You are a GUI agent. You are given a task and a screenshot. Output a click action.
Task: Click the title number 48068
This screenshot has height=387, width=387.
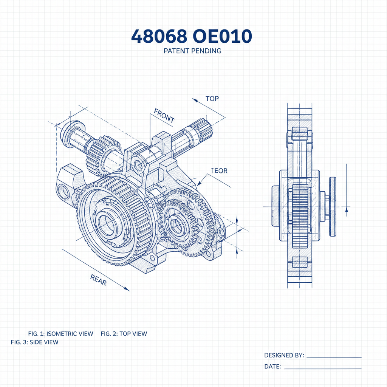tap(159, 37)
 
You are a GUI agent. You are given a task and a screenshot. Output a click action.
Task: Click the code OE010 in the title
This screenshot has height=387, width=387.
tap(222, 37)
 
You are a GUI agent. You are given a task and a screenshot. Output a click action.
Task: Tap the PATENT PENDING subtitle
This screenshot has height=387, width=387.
tap(192, 51)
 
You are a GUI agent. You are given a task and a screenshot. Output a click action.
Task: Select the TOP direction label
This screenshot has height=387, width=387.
tap(212, 99)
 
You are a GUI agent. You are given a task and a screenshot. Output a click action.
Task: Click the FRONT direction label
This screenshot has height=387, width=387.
tap(164, 115)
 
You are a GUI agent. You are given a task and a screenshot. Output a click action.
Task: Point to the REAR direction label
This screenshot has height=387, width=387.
tap(98, 280)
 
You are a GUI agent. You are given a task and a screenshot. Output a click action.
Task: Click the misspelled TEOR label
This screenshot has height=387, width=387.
tap(220, 171)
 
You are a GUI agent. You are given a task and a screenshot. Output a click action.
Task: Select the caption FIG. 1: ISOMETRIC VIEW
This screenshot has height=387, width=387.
tap(60, 334)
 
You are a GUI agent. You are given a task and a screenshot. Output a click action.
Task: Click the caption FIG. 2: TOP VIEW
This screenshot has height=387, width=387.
tap(124, 334)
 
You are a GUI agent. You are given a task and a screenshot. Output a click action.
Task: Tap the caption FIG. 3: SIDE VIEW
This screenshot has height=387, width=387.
tap(34, 342)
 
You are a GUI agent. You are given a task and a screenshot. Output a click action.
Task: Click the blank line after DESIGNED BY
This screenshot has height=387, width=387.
tap(333, 357)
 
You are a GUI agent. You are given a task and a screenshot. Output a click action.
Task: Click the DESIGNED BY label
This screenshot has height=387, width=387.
tap(284, 355)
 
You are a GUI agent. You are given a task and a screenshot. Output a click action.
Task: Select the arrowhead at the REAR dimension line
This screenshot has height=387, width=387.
tap(127, 289)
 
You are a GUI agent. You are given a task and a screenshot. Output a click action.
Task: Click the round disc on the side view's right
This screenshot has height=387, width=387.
tap(332, 207)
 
